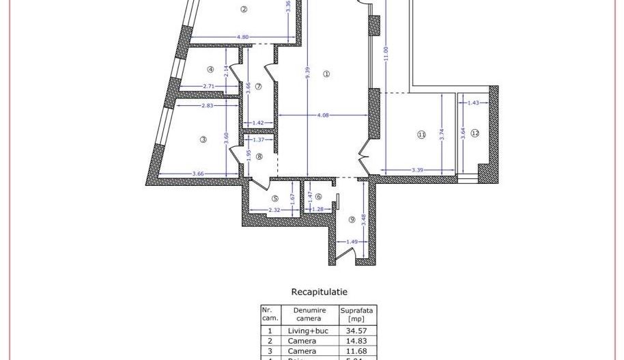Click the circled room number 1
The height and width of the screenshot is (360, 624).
click(326, 74)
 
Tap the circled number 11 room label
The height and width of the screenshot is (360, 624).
click(421, 135)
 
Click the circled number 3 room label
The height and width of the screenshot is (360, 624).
click(203, 139)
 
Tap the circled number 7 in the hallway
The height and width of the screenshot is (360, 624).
click(259, 85)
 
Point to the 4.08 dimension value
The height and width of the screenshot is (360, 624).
click(323, 115)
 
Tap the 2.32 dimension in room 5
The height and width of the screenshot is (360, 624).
click(274, 210)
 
